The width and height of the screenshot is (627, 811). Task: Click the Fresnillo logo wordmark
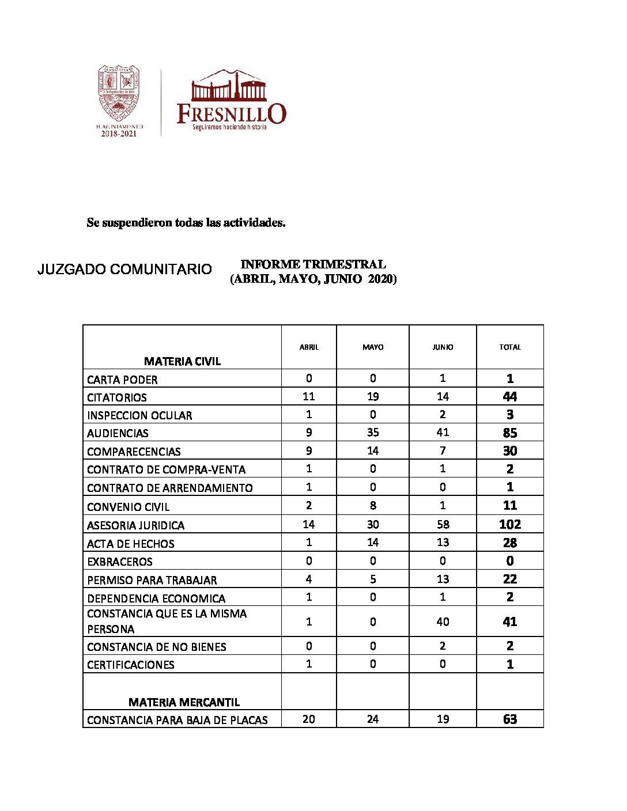(231, 113)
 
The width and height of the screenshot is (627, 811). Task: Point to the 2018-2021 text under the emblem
(119, 134)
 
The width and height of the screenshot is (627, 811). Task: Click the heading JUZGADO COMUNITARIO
(124, 269)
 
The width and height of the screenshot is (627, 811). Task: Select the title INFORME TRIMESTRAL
(313, 264)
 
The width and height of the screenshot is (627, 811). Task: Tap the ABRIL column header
(309, 347)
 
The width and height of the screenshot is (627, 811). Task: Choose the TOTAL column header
(510, 347)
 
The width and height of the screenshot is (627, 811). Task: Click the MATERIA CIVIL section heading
(182, 361)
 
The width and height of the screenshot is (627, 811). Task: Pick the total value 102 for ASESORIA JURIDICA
(510, 524)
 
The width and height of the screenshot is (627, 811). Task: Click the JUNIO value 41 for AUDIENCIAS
(443, 433)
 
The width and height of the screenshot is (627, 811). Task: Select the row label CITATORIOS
(117, 397)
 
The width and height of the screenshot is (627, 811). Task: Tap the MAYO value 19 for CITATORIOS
(373, 396)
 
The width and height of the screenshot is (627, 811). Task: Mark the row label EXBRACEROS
(120, 562)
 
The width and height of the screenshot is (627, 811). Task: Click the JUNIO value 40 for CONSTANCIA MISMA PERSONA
(443, 621)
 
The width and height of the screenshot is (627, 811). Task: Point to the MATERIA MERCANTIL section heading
(184, 702)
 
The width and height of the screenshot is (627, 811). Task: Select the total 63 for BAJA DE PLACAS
(510, 719)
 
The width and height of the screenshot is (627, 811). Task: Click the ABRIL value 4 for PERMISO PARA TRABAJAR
(309, 579)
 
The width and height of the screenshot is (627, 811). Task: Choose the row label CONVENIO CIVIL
(129, 507)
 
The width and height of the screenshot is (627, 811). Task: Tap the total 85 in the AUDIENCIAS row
(510, 433)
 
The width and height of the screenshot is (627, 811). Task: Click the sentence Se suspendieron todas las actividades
(186, 222)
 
